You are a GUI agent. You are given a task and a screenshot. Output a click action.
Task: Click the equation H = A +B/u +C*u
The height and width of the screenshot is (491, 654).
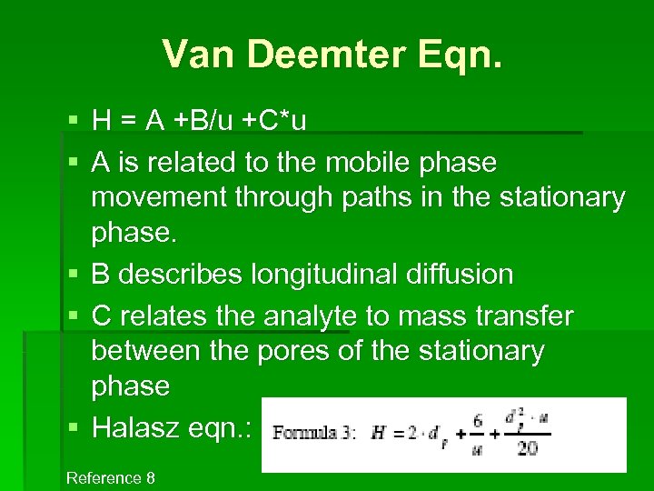point(199,120)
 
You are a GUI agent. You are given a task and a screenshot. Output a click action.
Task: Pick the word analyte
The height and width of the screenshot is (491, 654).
point(310,316)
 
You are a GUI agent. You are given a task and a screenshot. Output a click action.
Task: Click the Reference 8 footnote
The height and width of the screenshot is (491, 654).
point(111,478)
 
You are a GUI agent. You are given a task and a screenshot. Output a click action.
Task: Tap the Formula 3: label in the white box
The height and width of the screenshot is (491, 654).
point(315,433)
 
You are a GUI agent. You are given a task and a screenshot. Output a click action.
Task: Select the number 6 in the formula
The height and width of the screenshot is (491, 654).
point(475,419)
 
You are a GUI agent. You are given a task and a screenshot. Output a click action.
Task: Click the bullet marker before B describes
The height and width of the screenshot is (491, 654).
point(73,274)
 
